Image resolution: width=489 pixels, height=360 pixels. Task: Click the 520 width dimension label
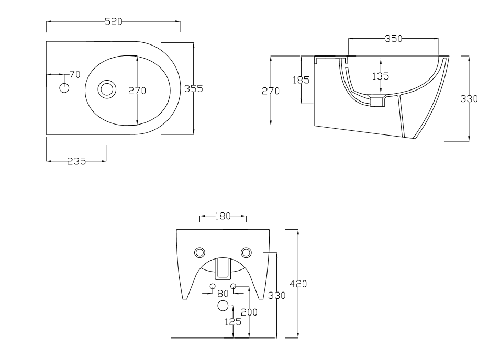click(113, 21)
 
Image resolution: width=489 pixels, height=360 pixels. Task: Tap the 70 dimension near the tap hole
click(75, 74)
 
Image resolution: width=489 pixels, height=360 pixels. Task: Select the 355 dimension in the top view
click(193, 89)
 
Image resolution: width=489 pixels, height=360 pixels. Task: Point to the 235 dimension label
click(76, 161)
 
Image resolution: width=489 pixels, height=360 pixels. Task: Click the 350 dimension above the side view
click(394, 39)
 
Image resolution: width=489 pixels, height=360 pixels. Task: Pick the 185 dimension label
click(301, 80)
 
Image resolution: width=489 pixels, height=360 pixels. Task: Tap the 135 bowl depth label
click(381, 76)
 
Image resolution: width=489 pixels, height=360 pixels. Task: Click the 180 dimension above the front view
click(223, 216)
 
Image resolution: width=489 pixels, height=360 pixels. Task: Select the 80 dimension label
click(223, 294)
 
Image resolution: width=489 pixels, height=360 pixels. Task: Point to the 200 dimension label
click(249, 312)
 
